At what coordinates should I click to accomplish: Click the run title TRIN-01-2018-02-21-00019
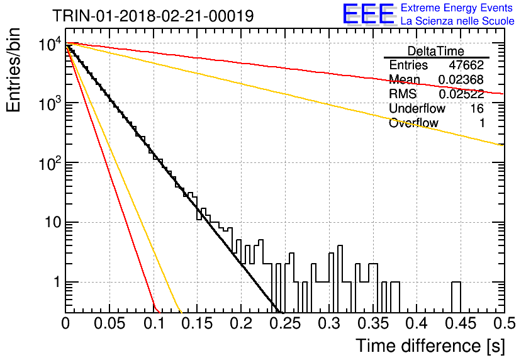point(153,16)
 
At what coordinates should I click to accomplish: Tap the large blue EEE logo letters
point(368,14)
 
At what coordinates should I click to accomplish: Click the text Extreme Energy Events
point(457,8)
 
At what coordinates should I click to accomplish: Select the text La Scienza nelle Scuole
point(457,21)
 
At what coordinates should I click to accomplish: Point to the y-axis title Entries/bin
point(13,70)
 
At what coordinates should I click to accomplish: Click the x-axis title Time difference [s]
point(430,346)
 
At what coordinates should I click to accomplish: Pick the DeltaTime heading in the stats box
point(435,51)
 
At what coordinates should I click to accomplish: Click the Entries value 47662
point(466,65)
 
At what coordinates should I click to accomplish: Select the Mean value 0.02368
point(461,79)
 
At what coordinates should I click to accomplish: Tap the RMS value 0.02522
point(461,94)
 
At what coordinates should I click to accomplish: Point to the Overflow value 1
point(482,123)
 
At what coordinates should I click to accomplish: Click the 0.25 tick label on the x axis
point(285,323)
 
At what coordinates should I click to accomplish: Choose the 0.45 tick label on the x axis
point(461,323)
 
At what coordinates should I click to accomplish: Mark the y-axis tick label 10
point(53,222)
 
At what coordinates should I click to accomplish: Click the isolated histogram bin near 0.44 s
point(456,297)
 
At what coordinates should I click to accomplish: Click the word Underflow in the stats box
point(417,108)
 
